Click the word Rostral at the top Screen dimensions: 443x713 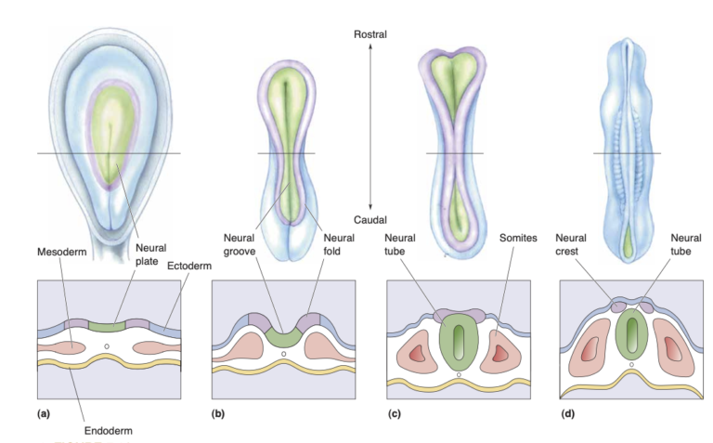point(369,34)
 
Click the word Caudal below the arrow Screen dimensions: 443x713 point(369,219)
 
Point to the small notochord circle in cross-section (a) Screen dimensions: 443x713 point(108,346)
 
